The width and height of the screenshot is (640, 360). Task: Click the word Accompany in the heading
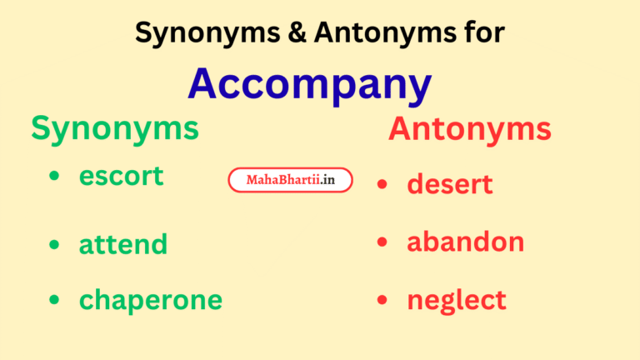point(310,84)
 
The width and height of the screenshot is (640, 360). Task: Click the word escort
point(122,176)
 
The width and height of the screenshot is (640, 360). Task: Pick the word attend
point(123,244)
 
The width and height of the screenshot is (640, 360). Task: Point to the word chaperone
point(151,300)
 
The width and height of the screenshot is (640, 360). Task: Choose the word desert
point(450,184)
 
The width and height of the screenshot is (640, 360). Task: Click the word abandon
point(466,242)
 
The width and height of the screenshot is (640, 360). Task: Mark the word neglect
point(457,300)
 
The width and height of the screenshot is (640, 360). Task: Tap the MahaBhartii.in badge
point(290,180)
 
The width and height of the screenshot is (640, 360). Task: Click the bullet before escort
point(55,177)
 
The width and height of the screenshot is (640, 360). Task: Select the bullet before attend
point(55,245)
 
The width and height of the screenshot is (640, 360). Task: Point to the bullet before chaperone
point(55,300)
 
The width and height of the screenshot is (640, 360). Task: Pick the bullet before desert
point(382,185)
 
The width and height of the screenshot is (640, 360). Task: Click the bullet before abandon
point(382,242)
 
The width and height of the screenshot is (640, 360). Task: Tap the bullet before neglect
point(382,300)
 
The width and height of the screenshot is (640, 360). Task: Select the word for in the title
point(482,32)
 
